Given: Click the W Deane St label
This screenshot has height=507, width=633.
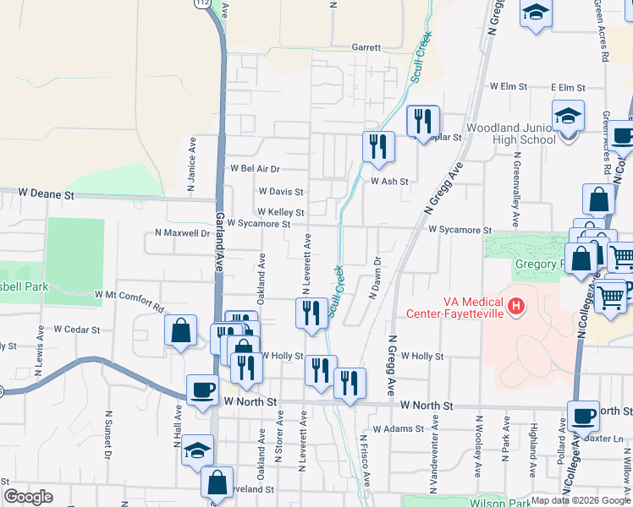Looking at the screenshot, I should (x=47, y=194).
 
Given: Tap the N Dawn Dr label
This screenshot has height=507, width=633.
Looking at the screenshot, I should (x=373, y=278).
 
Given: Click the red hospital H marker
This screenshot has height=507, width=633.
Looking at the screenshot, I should (x=515, y=303).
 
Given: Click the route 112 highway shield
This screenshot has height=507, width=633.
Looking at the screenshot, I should (x=201, y=4).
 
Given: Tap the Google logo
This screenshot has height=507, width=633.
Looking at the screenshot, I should (x=29, y=497).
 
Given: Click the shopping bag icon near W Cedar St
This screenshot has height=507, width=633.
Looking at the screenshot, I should (x=181, y=330).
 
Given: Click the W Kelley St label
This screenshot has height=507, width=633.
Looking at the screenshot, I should (x=280, y=212).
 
